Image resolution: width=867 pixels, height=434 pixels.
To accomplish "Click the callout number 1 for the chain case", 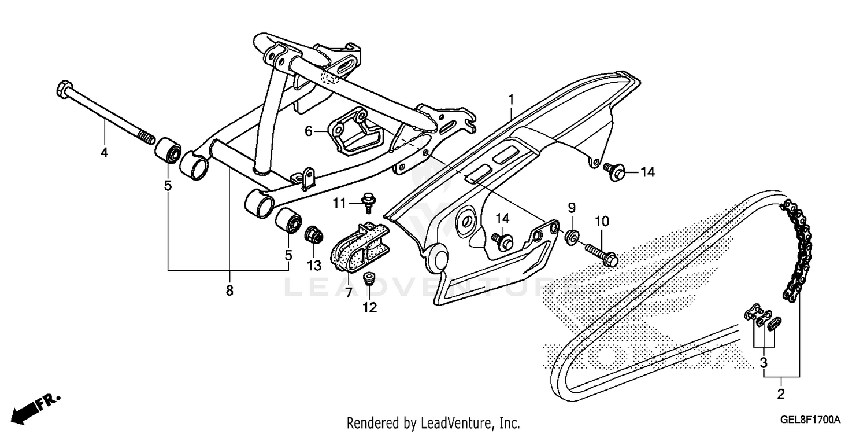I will (x=510, y=100).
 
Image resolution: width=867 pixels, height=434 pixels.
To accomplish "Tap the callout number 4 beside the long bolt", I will (x=104, y=153).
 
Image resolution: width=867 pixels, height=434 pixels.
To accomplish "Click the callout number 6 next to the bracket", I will (x=309, y=132).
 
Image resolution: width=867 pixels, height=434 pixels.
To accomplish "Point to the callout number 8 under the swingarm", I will (x=229, y=290).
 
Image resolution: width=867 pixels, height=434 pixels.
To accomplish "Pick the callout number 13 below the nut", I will (x=313, y=265).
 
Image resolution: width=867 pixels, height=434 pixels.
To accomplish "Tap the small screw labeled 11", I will (x=367, y=201).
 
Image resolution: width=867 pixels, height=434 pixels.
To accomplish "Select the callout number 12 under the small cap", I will (x=369, y=308).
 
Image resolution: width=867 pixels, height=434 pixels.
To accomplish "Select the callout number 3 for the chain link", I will (x=764, y=363).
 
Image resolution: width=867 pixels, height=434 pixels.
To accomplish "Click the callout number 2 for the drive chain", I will (x=781, y=395).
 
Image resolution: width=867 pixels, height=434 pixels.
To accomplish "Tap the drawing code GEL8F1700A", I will (x=812, y=420).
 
